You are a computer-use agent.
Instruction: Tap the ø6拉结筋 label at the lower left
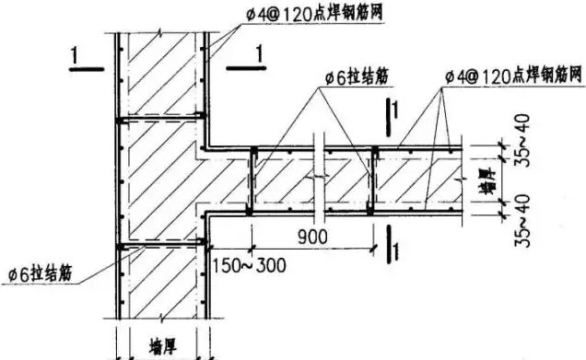point(41,273)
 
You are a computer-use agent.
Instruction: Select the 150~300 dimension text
point(248,265)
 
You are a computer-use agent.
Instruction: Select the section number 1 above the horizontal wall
point(394,111)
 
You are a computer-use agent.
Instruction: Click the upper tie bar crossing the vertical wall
point(159,118)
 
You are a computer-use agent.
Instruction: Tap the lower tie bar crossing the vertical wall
point(159,245)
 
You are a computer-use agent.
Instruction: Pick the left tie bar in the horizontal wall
point(252,180)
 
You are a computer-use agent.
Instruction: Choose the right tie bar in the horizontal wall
point(373,180)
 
